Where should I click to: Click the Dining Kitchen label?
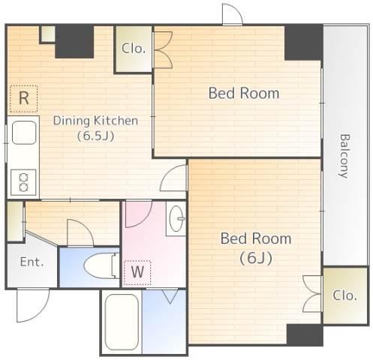pyautogui.click(x=95, y=121)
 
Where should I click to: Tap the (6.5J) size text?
pyautogui.click(x=95, y=136)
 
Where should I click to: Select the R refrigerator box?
pyautogui.click(x=24, y=98)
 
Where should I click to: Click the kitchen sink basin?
pyautogui.click(x=24, y=133)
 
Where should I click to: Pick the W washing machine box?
pyautogui.click(x=137, y=272)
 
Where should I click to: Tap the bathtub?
pyautogui.click(x=122, y=322)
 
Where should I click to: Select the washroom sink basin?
pyautogui.click(x=176, y=218)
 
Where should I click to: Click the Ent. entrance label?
pyautogui.click(x=32, y=262)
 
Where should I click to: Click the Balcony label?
pyautogui.click(x=344, y=156)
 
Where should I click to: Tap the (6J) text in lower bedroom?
pyautogui.click(x=256, y=258)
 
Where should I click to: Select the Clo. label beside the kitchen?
pyautogui.click(x=134, y=48)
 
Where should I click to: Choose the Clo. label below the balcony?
pyautogui.click(x=344, y=295)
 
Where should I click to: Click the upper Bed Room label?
pyautogui.click(x=244, y=93)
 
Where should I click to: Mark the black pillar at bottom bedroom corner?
pyautogui.click(x=305, y=334)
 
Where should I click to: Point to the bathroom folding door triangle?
pyautogui.click(x=170, y=295)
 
